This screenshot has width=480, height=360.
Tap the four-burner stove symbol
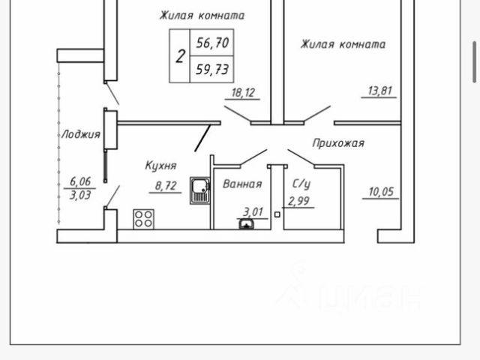click(x=142, y=218)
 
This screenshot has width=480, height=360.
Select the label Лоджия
click(x=80, y=135)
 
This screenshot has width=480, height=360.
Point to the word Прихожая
click(x=337, y=142)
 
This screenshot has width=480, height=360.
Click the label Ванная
click(x=242, y=184)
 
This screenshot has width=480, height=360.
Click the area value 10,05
click(x=382, y=192)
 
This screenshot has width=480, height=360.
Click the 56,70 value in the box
click(x=211, y=43)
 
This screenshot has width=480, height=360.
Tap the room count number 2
click(x=180, y=56)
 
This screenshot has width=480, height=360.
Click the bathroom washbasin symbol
click(x=245, y=223)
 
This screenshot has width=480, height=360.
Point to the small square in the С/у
click(x=277, y=215)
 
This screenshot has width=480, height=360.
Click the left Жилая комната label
click(x=202, y=15)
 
